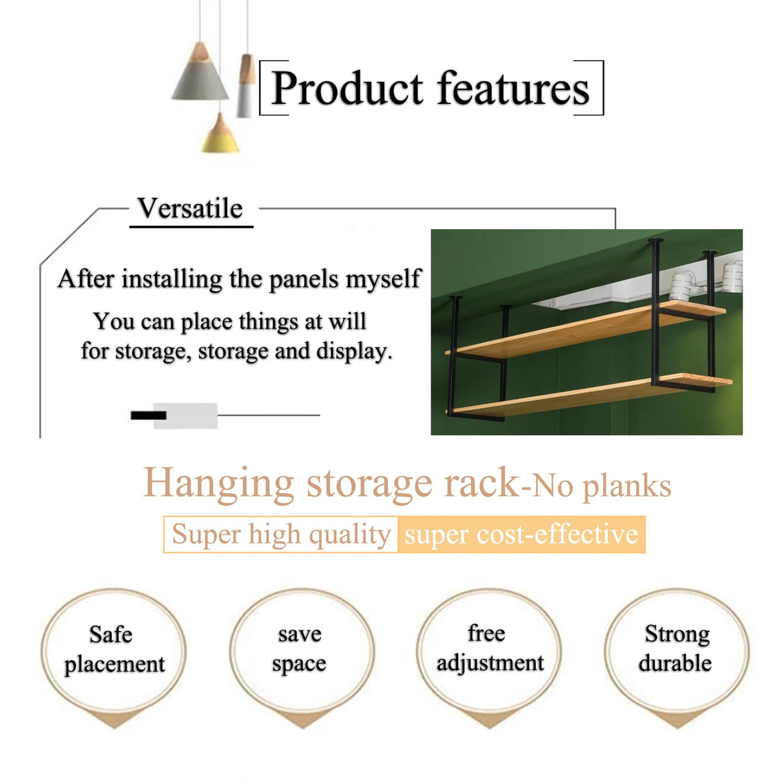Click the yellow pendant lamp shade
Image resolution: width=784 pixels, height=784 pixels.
tap(220, 136)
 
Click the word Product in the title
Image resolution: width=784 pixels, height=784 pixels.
tap(347, 88)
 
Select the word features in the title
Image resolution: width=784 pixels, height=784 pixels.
tap(514, 88)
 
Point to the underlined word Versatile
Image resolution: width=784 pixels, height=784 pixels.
tap(191, 209)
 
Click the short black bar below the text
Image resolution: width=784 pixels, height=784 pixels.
tap(149, 415)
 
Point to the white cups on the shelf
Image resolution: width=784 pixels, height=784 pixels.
tap(681, 284)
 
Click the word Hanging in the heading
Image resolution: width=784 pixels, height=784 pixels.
tap(218, 483)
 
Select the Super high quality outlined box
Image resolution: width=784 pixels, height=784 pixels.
tap(281, 535)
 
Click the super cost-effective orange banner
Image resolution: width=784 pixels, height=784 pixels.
tap(521, 535)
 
